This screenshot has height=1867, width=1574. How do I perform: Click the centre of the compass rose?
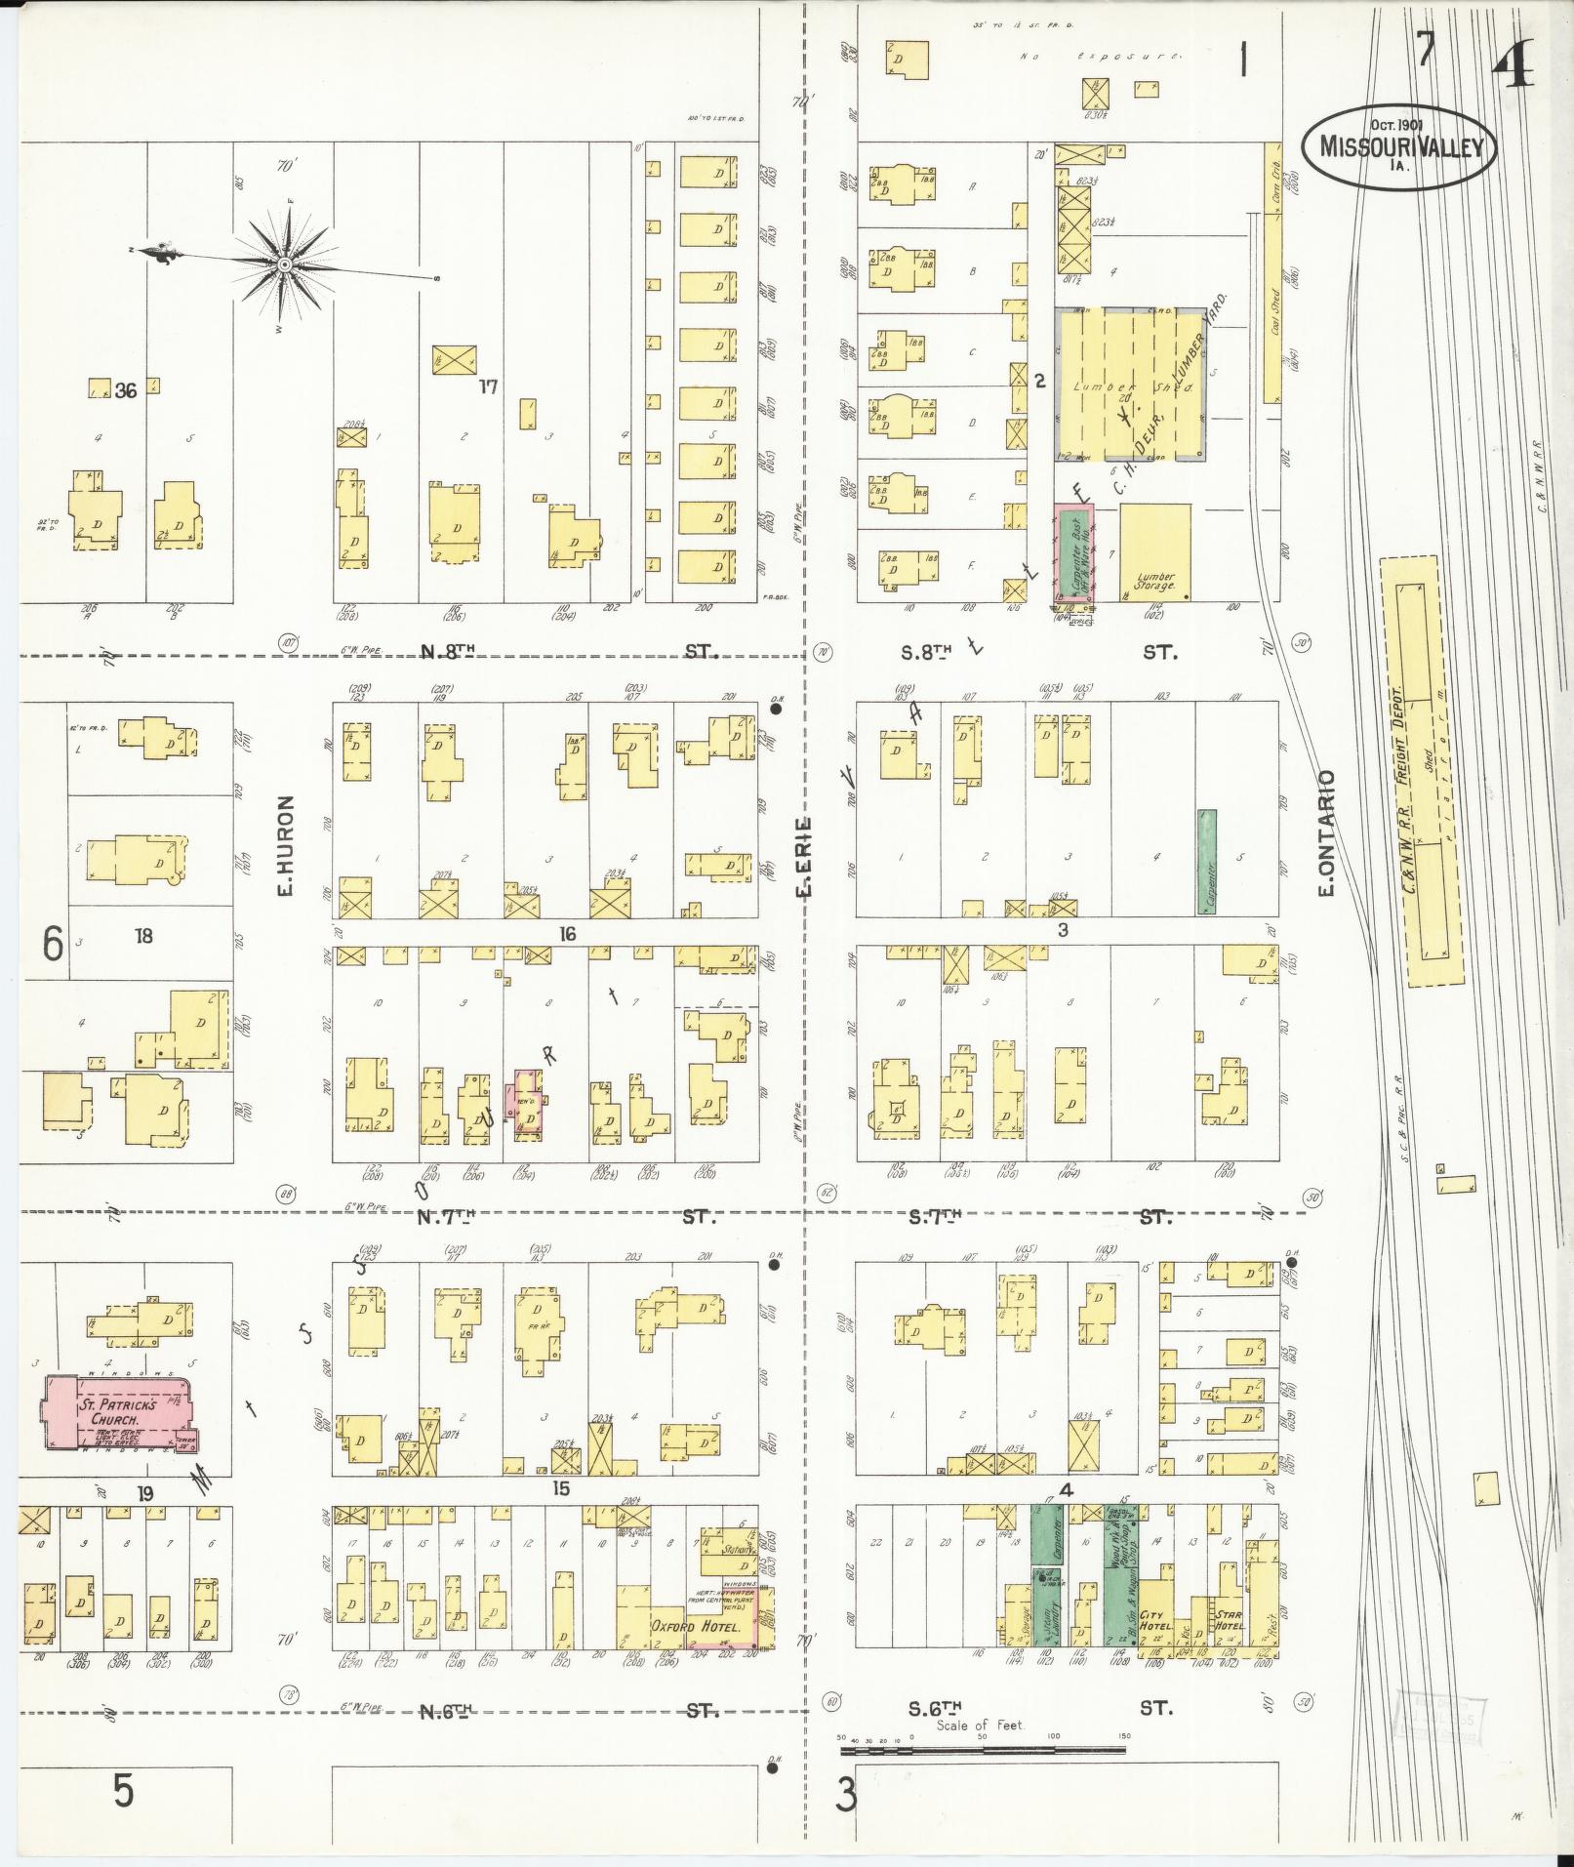pos(284,264)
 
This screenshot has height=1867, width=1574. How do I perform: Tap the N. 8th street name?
pos(447,650)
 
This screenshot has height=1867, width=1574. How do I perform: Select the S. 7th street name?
pos(936,1217)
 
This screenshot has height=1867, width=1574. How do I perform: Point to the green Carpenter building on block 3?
pos(1207,861)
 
